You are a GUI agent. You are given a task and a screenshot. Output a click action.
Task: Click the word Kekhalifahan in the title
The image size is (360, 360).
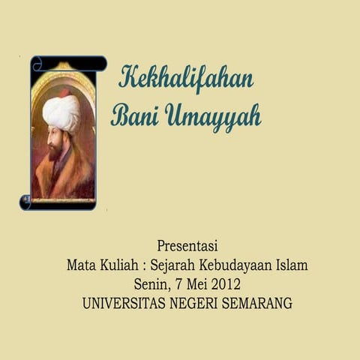point(185,78)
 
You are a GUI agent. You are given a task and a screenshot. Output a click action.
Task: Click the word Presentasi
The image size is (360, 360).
point(187,246)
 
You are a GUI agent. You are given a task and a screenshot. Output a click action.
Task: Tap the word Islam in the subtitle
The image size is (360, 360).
point(292,265)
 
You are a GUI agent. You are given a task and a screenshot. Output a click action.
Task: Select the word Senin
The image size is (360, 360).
point(150,285)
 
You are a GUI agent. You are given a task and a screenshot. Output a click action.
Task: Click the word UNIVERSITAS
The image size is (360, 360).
point(127,304)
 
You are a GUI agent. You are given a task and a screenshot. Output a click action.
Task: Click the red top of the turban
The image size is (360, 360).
point(64,94)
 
